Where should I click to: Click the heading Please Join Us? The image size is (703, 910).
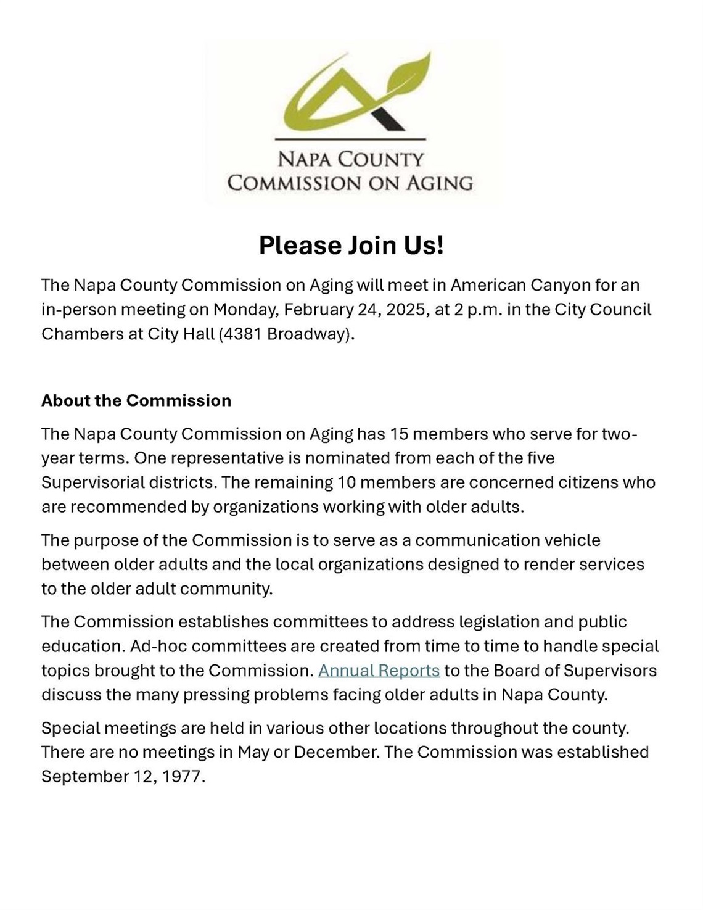coord(351,245)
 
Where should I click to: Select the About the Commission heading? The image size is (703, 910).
coord(136,400)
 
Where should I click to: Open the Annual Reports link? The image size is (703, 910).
coord(379,671)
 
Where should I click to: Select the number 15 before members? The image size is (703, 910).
coord(399,434)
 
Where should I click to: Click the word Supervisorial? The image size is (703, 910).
coord(97,482)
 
